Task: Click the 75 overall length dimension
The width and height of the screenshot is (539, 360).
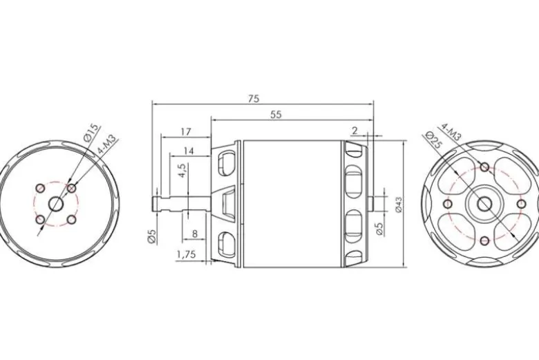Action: (254, 99)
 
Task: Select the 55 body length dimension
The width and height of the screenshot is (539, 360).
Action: (276, 115)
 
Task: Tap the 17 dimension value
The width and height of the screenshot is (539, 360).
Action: (186, 131)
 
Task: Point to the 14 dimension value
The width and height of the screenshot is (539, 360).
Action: (189, 151)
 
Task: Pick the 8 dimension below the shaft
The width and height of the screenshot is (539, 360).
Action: (195, 234)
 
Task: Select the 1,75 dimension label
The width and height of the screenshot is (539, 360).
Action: (186, 254)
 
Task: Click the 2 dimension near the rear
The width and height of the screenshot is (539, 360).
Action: (354, 131)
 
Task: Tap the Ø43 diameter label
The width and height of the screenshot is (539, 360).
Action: (399, 205)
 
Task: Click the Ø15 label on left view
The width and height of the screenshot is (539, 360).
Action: (91, 133)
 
